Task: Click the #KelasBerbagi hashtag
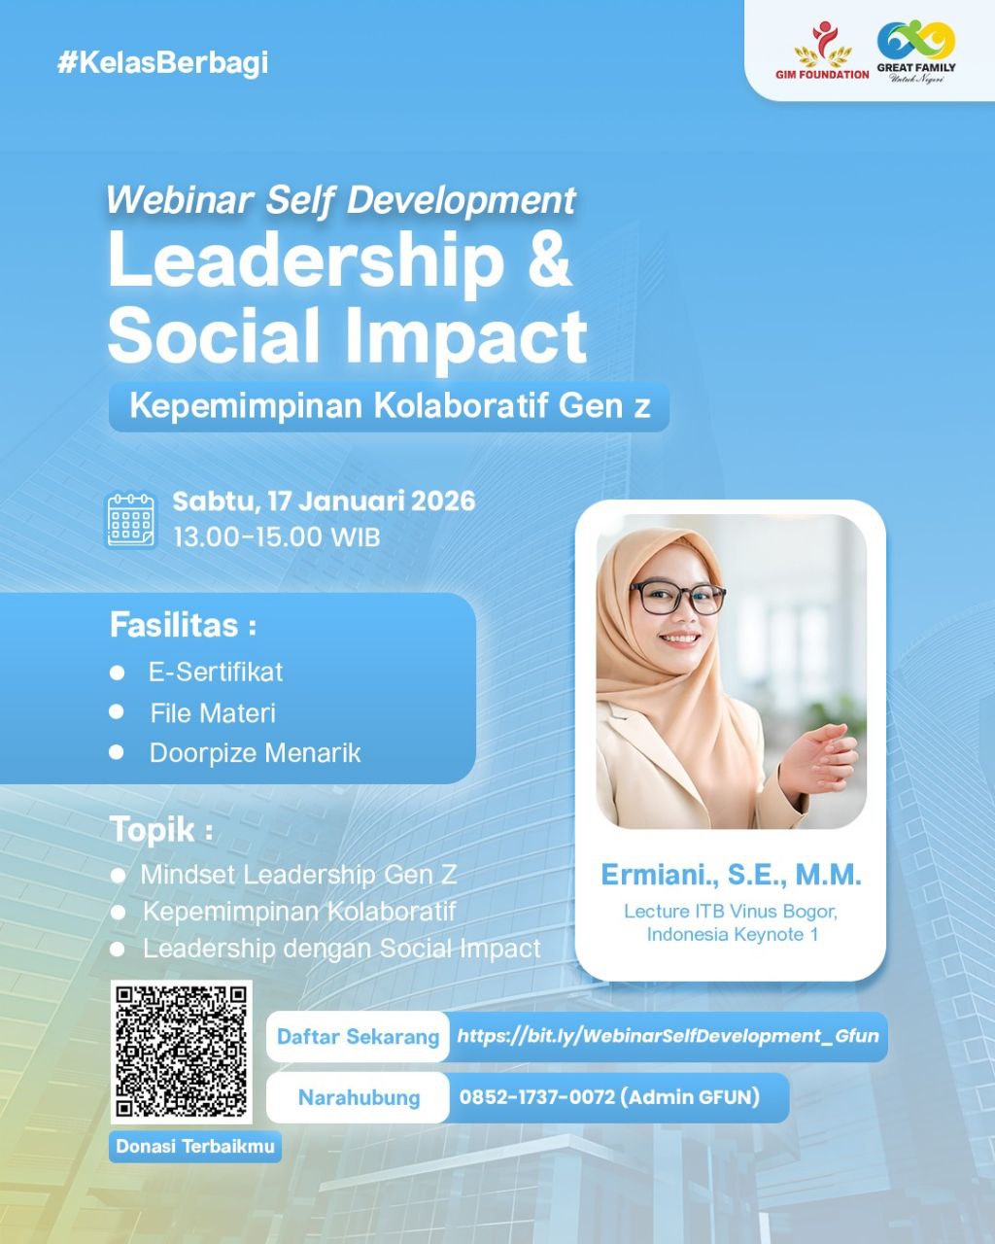(162, 63)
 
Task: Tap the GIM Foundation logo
(822, 51)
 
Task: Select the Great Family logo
(916, 51)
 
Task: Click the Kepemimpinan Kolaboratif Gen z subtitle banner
(389, 406)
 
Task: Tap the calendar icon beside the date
(131, 520)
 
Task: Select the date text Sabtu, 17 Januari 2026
(324, 501)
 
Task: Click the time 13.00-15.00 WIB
(277, 537)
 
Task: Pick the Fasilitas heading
(183, 625)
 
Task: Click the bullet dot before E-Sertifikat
(117, 673)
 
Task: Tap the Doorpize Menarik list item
(255, 752)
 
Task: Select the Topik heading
(161, 830)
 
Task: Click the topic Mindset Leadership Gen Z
(299, 874)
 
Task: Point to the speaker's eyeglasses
(676, 599)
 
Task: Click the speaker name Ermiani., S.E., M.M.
(732, 875)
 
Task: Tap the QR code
(182, 1052)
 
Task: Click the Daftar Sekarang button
(358, 1036)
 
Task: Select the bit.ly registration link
(668, 1035)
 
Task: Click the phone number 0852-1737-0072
(537, 1096)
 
